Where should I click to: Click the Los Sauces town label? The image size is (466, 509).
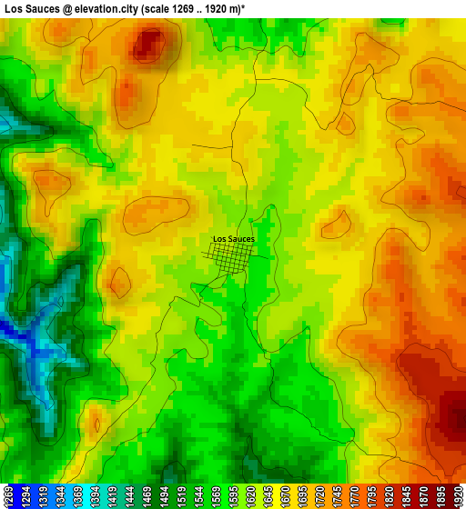click(234, 239)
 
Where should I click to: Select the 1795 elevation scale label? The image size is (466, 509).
click(371, 495)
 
